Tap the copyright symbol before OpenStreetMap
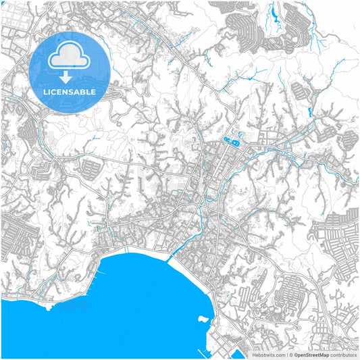[290, 354]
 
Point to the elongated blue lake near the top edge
[277, 13]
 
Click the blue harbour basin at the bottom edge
[238, 353]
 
